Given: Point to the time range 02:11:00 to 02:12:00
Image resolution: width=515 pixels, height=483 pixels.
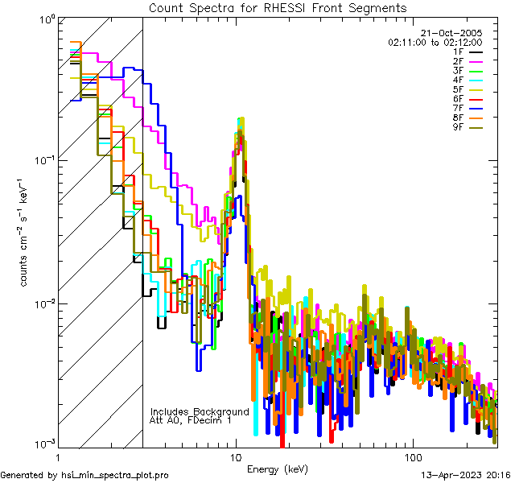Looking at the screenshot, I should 435,41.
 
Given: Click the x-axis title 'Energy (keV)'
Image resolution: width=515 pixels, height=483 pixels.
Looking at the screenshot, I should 277,469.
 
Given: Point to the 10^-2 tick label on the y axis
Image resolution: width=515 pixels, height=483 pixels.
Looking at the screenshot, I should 43,303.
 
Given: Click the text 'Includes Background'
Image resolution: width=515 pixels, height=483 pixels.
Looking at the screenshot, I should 200,411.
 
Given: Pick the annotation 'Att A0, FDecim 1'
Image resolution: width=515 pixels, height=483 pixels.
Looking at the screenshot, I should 191,420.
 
